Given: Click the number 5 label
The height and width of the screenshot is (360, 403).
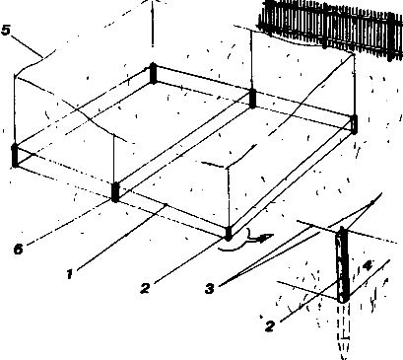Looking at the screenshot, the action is click(x=6, y=31).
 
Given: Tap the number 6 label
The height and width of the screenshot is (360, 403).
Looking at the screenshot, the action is click(x=19, y=249).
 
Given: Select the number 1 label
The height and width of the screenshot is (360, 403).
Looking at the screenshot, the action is click(x=69, y=273).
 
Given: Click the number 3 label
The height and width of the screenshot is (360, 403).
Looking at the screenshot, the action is click(x=210, y=288).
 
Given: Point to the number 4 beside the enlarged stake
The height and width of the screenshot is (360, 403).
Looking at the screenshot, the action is click(x=368, y=264).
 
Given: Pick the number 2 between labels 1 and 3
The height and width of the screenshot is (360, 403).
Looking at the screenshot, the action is click(x=145, y=288).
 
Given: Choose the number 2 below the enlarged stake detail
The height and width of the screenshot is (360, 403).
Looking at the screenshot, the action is click(x=270, y=325).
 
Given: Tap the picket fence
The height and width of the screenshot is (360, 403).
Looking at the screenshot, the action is click(x=330, y=28).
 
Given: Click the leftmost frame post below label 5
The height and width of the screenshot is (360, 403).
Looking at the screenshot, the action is click(x=15, y=156).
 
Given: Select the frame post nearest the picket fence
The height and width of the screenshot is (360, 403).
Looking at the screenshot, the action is click(x=354, y=124).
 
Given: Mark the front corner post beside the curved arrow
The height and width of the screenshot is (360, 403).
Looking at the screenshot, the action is click(x=229, y=233).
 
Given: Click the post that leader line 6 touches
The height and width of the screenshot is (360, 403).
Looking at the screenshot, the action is click(x=115, y=192).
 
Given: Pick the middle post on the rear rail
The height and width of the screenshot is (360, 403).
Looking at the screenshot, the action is click(x=252, y=99).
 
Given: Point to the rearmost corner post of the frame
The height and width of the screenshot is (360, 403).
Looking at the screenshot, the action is click(x=153, y=73).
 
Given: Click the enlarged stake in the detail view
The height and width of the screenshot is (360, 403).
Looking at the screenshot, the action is click(x=342, y=264).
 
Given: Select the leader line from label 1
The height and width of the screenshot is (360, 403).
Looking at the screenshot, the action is click(x=121, y=239).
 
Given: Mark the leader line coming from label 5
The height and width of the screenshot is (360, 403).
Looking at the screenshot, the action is click(x=29, y=46).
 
